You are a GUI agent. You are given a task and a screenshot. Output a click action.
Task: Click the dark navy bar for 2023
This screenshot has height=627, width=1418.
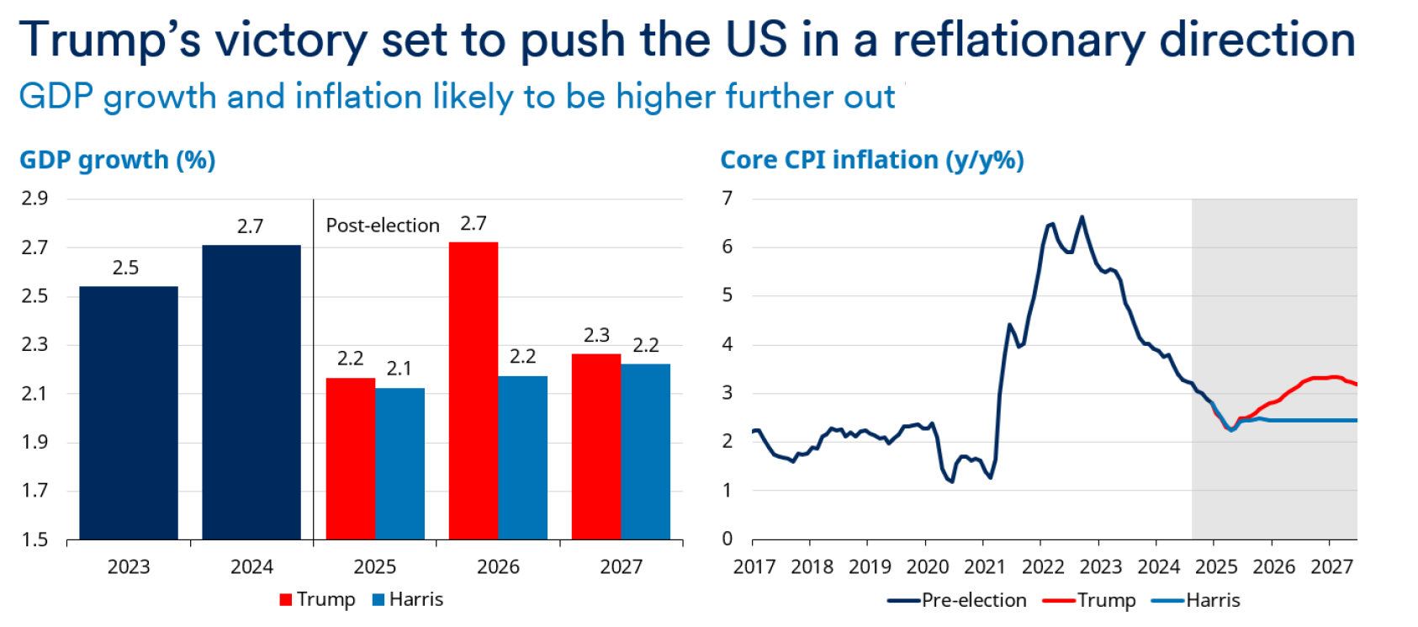point(129,412)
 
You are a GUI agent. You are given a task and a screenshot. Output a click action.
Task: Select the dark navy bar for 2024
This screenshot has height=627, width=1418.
point(251,392)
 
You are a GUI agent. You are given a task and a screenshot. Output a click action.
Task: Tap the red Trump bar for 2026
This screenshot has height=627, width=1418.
point(474,391)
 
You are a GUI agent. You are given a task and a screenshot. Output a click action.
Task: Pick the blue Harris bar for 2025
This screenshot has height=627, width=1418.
point(399,464)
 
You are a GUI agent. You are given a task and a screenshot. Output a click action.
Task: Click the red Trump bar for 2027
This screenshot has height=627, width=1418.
point(596,447)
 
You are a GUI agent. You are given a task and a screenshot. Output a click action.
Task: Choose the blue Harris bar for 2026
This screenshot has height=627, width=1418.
point(522,458)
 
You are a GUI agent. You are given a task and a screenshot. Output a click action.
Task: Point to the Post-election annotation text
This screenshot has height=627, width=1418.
point(383,226)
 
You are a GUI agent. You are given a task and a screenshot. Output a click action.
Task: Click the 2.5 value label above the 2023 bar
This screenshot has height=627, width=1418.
point(125,268)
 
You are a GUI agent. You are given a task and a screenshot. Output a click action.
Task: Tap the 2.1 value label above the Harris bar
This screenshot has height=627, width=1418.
point(399,369)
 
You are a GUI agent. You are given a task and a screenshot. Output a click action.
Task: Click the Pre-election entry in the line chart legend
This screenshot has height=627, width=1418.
point(973,600)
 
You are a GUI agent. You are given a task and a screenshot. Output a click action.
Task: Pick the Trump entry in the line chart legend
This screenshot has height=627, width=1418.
point(1106,600)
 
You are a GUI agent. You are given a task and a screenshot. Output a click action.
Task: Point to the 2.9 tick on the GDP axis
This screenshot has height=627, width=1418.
point(34,199)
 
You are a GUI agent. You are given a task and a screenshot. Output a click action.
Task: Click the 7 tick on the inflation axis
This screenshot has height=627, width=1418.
point(728,199)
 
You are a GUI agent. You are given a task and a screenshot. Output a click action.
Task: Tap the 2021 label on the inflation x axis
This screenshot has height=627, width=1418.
point(985,566)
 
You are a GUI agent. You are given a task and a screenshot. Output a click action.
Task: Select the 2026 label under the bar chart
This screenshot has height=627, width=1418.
point(498,566)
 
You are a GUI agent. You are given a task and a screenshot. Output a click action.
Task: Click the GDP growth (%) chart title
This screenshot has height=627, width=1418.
point(118,160)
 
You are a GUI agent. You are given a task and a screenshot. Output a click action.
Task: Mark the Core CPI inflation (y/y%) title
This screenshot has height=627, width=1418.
point(872,160)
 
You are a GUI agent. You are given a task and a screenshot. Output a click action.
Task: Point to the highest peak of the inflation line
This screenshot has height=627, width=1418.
point(1082,217)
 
